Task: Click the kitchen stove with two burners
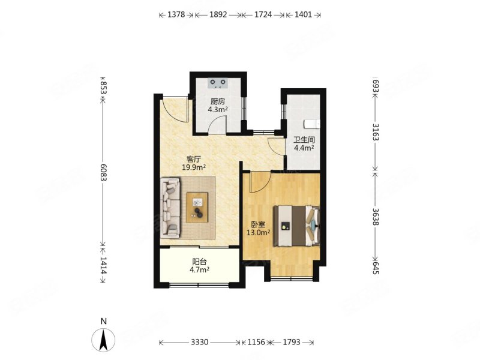click(x=218, y=83)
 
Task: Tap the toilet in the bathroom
click(x=311, y=124)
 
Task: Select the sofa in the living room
click(x=170, y=208)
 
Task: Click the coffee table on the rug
click(x=197, y=207)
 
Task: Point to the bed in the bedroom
click(x=296, y=226)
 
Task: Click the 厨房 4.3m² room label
click(x=218, y=106)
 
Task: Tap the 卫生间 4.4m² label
click(x=304, y=144)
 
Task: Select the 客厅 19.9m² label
click(x=194, y=163)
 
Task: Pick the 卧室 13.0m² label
click(x=259, y=229)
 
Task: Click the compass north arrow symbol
click(x=103, y=340)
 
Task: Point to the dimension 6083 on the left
click(x=103, y=173)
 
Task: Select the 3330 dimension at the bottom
click(x=200, y=342)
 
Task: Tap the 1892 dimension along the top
click(x=218, y=14)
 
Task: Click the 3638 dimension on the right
click(x=376, y=217)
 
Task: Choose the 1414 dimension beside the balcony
click(x=103, y=265)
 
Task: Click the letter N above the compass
click(x=104, y=321)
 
